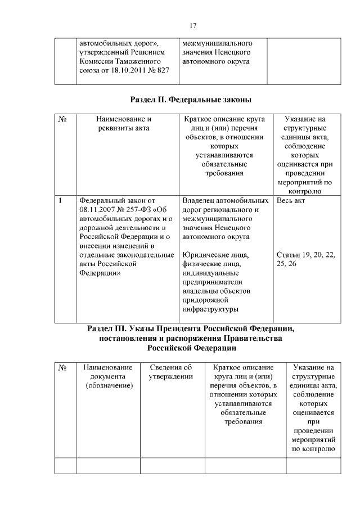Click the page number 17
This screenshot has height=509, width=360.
point(192,25)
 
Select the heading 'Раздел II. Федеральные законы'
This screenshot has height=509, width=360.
point(191,100)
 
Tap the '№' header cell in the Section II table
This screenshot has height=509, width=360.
point(63,120)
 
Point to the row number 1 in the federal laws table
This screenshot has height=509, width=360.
point(60,201)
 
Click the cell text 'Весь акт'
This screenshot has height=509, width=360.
point(291,201)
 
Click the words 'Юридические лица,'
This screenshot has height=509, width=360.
point(215,255)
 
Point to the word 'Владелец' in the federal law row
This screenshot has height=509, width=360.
point(200,201)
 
